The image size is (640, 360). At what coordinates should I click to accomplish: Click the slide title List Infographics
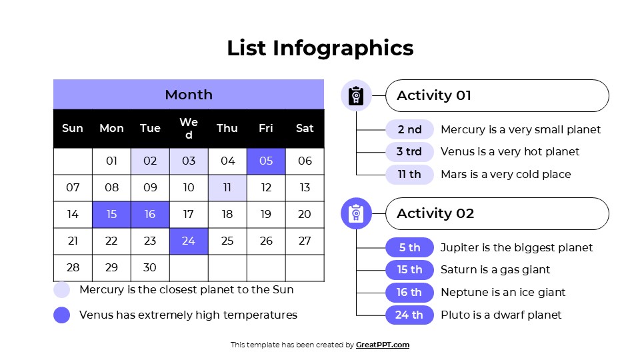pos(320,48)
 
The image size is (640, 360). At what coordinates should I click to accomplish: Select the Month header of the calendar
pos(189,95)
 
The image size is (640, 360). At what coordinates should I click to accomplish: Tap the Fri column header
pos(266,128)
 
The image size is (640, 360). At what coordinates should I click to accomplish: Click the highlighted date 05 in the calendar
pos(266,161)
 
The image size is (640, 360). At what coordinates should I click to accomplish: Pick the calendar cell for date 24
pos(189,241)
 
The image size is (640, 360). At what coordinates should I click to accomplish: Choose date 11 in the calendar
pos(227,187)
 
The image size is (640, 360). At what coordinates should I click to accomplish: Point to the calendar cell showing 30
pos(150,267)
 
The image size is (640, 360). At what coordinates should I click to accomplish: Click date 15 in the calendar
pos(111,214)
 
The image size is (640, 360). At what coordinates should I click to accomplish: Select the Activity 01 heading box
pos(497,95)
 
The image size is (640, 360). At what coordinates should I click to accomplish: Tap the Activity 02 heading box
pos(497,213)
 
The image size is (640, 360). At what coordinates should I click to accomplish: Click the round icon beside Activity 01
pos(356,95)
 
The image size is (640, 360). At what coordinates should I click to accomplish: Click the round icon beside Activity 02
pos(356,213)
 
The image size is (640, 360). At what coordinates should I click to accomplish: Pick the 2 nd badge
pos(409,129)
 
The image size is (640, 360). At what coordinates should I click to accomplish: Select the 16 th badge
pos(409,292)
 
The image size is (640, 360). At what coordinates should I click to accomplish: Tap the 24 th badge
pos(409,315)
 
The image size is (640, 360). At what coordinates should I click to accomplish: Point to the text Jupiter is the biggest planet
pos(516,247)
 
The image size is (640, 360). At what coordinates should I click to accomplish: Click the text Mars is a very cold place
pos(505,174)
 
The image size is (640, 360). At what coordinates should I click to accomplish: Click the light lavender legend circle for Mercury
pos(62,290)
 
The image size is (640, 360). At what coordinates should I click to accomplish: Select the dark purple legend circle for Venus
pos(62,315)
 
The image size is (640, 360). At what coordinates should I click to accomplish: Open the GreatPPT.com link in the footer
pos(383,345)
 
